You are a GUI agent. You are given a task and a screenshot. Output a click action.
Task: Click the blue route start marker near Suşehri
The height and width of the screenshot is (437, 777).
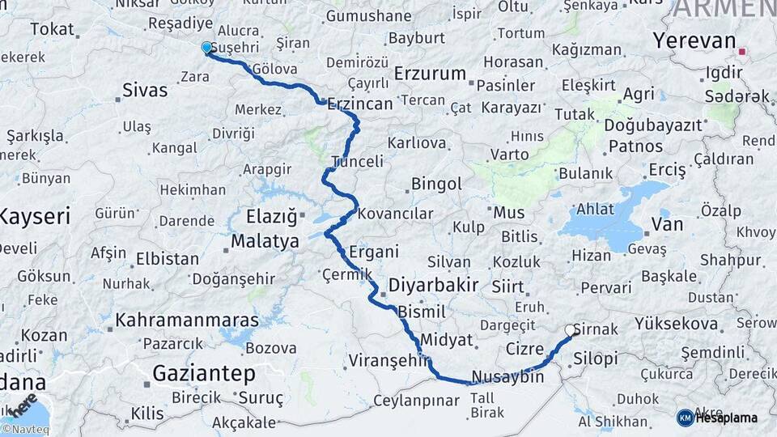pos(206,48)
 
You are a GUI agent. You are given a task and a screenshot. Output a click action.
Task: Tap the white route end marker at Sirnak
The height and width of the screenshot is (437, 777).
pos(571,330)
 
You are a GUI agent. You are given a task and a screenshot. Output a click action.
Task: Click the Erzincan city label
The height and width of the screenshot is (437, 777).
pos(360,103)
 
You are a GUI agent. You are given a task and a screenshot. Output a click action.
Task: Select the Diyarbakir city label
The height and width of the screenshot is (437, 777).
pos(433,285)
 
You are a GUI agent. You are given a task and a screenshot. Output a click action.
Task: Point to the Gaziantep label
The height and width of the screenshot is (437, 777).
pos(203,374)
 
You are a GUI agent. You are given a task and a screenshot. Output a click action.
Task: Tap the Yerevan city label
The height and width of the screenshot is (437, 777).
pos(694,41)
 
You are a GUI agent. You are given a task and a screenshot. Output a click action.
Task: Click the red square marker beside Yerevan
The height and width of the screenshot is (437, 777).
pos(741,53)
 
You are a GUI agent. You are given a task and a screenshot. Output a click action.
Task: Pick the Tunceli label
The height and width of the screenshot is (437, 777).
pos(357,162)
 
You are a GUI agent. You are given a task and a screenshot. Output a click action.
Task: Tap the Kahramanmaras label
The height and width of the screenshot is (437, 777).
pos(186,320)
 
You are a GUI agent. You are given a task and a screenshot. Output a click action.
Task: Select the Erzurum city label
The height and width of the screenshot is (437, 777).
pos(430,74)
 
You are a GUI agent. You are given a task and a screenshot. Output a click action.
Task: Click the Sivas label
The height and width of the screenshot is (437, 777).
pos(145,90)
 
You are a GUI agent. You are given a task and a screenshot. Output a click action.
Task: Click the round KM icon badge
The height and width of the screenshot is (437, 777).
pos(686,418)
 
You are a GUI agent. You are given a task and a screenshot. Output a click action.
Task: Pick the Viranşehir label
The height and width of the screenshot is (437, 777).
pos(388,360)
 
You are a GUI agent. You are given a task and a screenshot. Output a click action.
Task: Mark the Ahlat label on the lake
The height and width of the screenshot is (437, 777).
pos(596,209)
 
